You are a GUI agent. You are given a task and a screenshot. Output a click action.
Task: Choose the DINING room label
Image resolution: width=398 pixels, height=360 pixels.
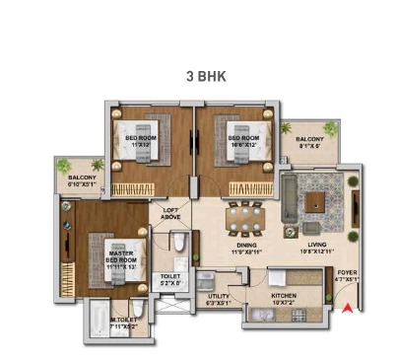tap(247, 248)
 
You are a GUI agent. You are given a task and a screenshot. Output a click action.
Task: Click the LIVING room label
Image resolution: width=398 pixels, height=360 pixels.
tap(317, 248)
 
